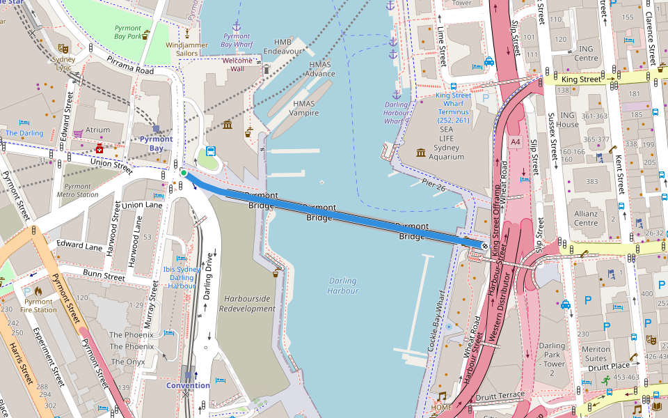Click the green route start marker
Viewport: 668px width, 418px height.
coord(183,173)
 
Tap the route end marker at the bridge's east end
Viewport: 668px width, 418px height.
coord(485,245)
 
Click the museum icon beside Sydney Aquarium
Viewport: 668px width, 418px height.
coord(420,153)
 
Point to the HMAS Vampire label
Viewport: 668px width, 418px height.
coord(304,108)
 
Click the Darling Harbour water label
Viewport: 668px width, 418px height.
coord(342,286)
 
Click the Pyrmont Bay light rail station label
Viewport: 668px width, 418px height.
coord(156,144)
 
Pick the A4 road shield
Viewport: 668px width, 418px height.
coord(515,142)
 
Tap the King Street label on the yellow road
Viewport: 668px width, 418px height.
coord(580,79)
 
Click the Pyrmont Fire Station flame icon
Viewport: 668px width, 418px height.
coord(38,292)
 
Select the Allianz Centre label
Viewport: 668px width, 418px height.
coord(586,218)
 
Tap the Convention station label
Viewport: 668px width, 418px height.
coord(188,385)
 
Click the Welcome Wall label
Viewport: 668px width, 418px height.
coord(237,65)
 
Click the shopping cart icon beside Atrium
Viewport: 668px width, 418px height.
coord(79,132)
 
